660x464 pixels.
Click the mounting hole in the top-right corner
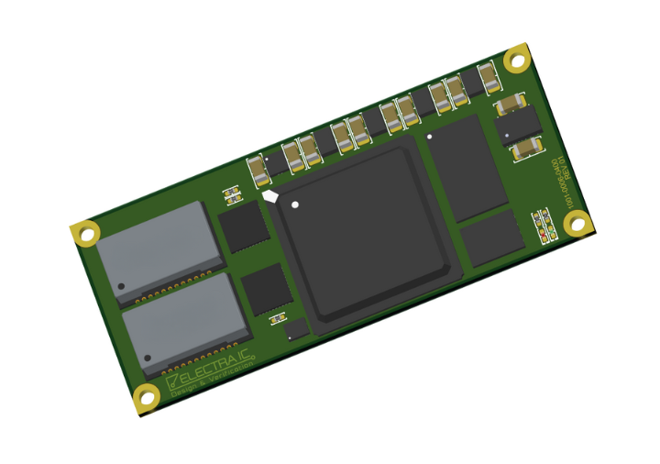tap(518, 61)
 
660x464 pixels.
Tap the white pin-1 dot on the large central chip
tap(295, 204)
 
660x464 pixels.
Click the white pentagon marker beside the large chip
tap(270, 195)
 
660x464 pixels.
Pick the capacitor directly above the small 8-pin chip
tap(510, 104)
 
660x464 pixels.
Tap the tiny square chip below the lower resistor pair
tap(295, 328)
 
